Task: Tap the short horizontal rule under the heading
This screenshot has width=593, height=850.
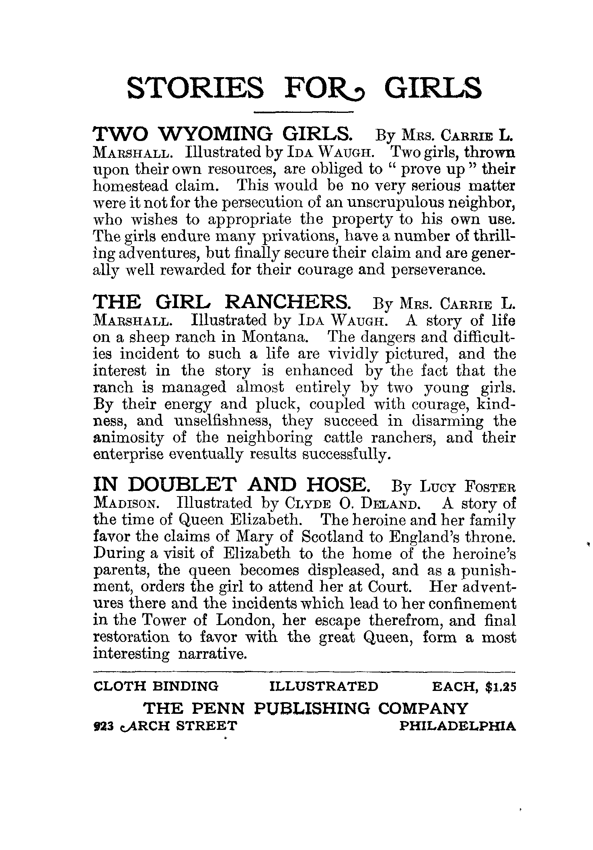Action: coord(304,111)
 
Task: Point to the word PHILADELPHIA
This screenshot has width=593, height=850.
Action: coord(458,726)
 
